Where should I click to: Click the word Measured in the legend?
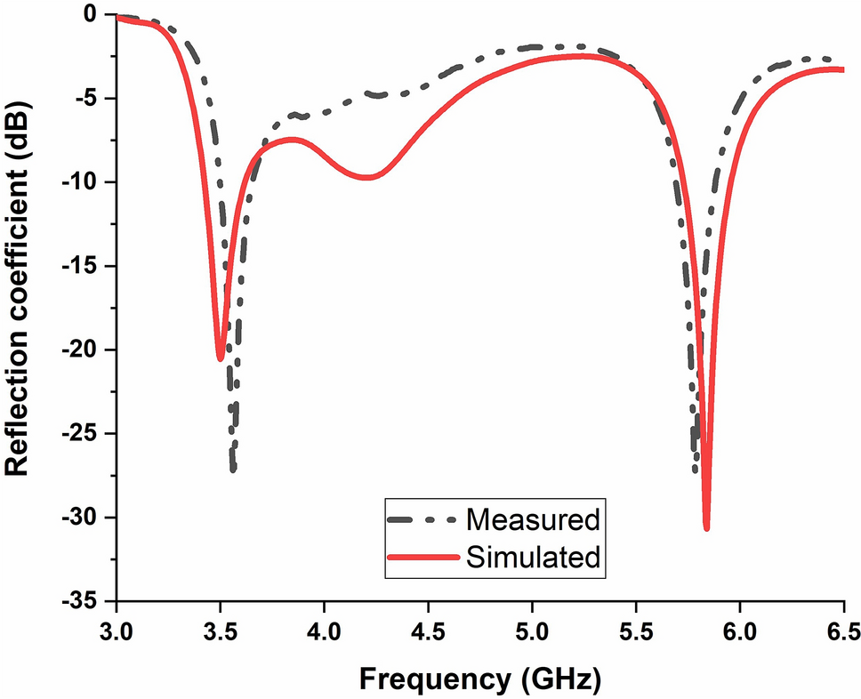pyautogui.click(x=533, y=518)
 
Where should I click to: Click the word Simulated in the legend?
pyautogui.click(x=533, y=558)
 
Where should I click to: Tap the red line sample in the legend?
pyautogui.click(x=424, y=558)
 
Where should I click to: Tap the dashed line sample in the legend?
pyautogui.click(x=424, y=518)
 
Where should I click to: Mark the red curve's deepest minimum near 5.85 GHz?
pyautogui.click(x=707, y=528)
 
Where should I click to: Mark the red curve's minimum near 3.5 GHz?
pyautogui.click(x=220, y=358)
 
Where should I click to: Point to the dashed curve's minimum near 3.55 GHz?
pyautogui.click(x=233, y=469)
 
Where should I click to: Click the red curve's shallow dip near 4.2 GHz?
pyautogui.click(x=366, y=177)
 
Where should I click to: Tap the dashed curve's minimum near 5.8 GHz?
pyautogui.click(x=696, y=470)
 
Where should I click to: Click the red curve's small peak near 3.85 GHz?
pyautogui.click(x=292, y=139)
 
